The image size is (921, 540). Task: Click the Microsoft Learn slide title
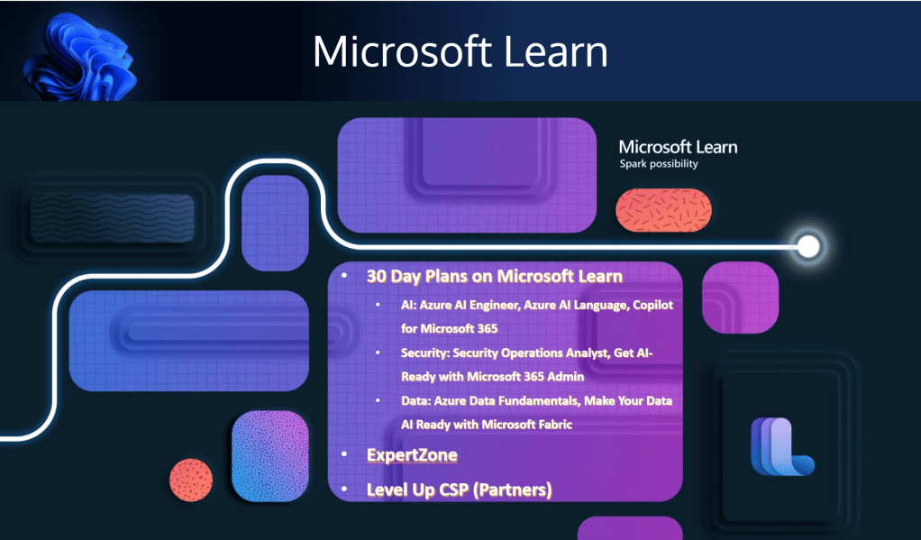[460, 51]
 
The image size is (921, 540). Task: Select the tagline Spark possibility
[658, 164]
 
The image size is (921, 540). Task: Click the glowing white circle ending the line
[808, 245]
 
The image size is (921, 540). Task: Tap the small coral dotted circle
[191, 480]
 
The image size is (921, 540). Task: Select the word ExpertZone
[412, 454]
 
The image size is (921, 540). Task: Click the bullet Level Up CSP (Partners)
[459, 490]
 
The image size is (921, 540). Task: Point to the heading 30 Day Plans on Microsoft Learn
[495, 276]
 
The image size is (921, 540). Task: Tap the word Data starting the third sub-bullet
[417, 400]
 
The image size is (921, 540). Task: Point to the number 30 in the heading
[377, 276]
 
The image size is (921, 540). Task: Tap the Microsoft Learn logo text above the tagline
[678, 147]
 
